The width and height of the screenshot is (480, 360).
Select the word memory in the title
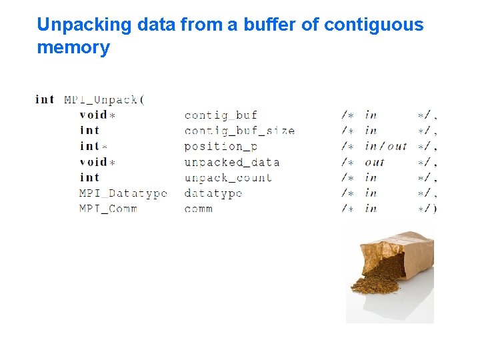73,47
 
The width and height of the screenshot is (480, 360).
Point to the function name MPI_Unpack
101,100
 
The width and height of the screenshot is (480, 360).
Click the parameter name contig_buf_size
239,131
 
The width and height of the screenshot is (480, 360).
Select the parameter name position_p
221,147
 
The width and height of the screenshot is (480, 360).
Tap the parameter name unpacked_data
231,162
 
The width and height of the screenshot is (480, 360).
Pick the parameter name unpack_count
228,177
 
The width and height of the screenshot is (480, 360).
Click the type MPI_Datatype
123,193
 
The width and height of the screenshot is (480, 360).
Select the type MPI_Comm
108,209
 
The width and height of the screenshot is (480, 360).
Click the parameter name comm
199,209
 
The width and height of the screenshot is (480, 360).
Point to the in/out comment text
386,147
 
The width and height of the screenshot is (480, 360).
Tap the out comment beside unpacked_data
375,162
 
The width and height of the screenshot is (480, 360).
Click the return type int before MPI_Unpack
45,100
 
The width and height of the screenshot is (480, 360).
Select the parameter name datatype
213,193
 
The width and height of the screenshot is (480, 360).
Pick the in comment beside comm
371,209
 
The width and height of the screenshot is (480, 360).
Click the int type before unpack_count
89,177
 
